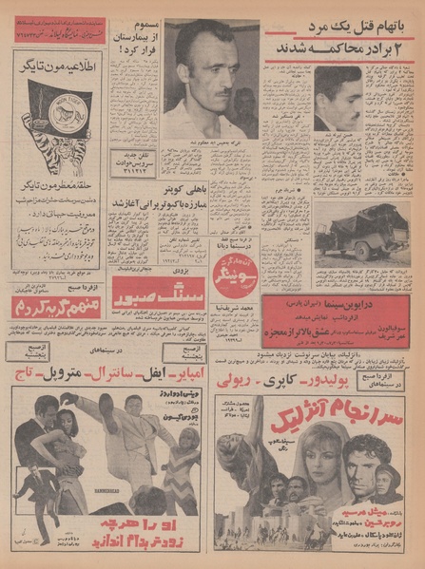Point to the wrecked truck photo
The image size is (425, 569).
[x=362, y=232]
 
